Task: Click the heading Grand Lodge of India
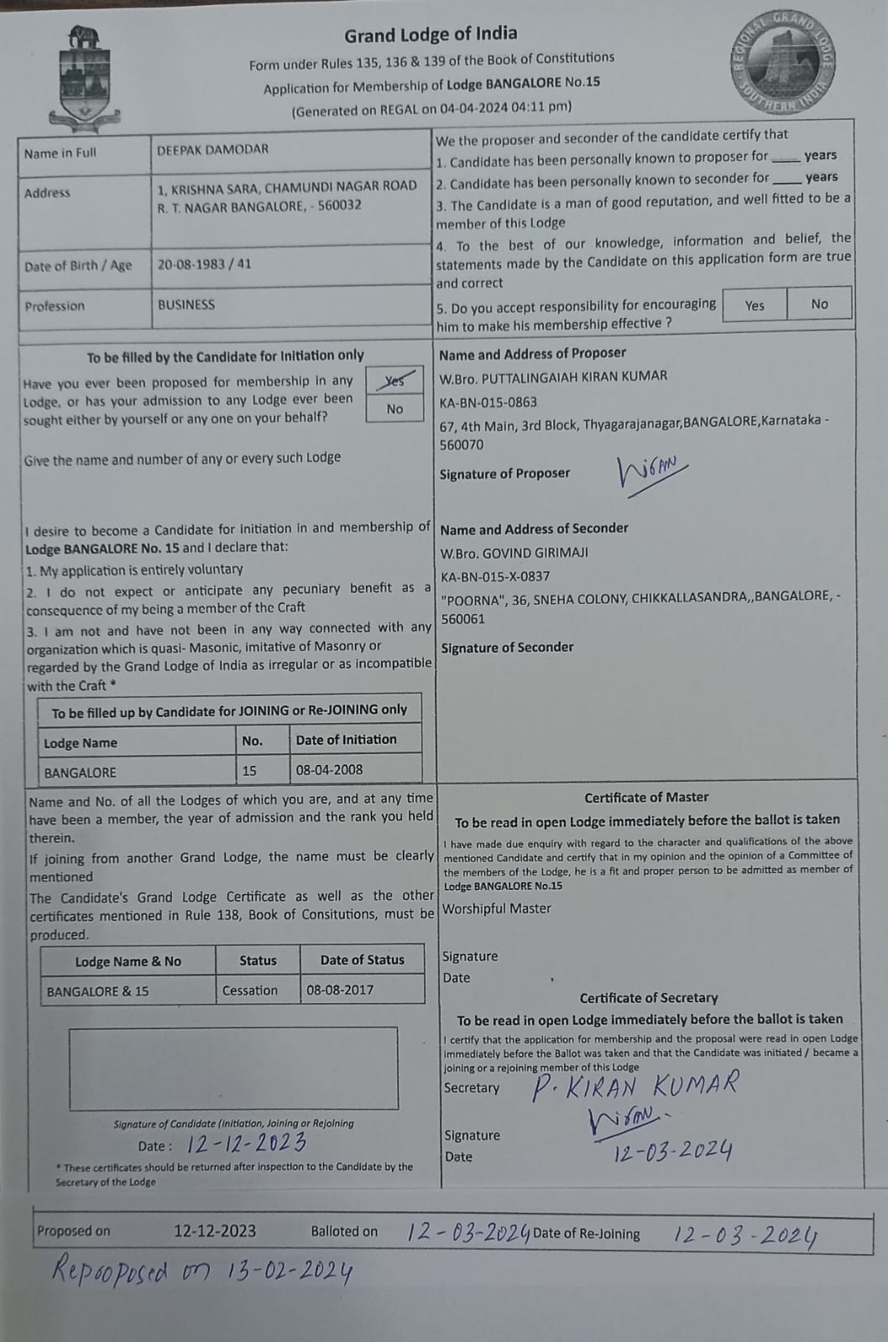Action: pyautogui.click(x=431, y=34)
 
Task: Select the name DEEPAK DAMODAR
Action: pyautogui.click(x=212, y=149)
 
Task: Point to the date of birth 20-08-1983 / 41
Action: pyautogui.click(x=204, y=263)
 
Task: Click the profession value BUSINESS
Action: pyautogui.click(x=186, y=304)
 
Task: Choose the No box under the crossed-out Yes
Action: pyautogui.click(x=394, y=408)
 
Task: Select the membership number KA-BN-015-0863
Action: pyautogui.click(x=488, y=402)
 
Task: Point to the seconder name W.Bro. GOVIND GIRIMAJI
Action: pyautogui.click(x=514, y=553)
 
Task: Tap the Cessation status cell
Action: pyautogui.click(x=249, y=991)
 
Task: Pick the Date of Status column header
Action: pyautogui.click(x=362, y=960)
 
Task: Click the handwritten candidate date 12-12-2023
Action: pyautogui.click(x=246, y=1143)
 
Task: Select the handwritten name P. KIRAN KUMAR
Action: pyautogui.click(x=635, y=1085)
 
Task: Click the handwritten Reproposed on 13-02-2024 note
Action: pyautogui.click(x=201, y=1271)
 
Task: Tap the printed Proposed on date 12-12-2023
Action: pyautogui.click(x=215, y=1230)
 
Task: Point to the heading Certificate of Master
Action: pyautogui.click(x=646, y=797)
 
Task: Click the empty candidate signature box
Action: pyautogui.click(x=233, y=1068)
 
